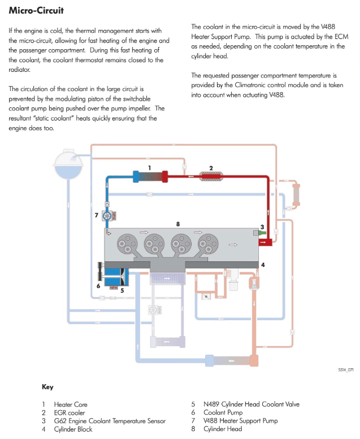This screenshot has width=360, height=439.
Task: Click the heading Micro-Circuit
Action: click(36, 11)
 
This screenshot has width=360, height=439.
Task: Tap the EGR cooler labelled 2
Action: click(211, 177)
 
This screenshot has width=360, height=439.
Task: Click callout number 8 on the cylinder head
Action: click(178, 224)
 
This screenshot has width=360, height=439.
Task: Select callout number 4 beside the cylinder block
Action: click(263, 264)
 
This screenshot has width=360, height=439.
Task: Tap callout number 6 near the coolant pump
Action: click(98, 286)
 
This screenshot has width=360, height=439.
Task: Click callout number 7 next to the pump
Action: click(97, 215)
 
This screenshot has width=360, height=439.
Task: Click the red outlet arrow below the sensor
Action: click(264, 242)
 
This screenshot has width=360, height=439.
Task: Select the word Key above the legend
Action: click(47, 388)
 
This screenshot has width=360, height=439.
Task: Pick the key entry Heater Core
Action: click(71, 404)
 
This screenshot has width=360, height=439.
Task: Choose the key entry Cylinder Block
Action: click(72, 429)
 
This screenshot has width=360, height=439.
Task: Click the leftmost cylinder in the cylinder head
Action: click(125, 245)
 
